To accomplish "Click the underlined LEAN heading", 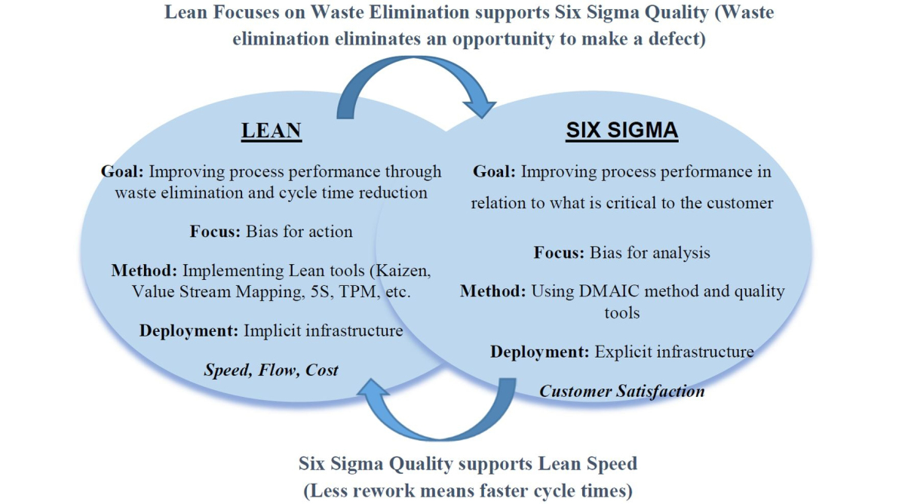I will (271, 131).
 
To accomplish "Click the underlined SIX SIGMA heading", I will (622, 131).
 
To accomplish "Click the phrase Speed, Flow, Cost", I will (271, 370).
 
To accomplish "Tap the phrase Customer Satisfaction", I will (622, 391).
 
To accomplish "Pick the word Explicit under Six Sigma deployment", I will (622, 352).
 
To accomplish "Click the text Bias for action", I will (299, 231).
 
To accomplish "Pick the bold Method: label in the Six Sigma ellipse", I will (493, 290).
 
